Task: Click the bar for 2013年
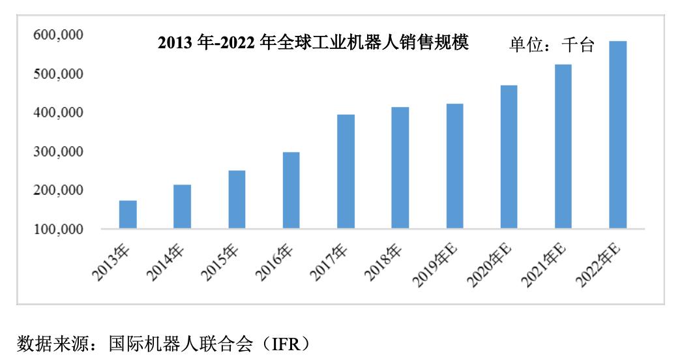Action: (x=128, y=215)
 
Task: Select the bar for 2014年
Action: (x=183, y=207)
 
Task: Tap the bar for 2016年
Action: (x=291, y=190)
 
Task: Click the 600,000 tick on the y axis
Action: (x=58, y=35)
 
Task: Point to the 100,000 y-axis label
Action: (x=58, y=230)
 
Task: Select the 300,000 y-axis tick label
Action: (x=58, y=152)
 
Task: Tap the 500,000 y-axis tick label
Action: (x=58, y=74)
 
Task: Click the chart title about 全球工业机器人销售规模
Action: (x=314, y=44)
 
